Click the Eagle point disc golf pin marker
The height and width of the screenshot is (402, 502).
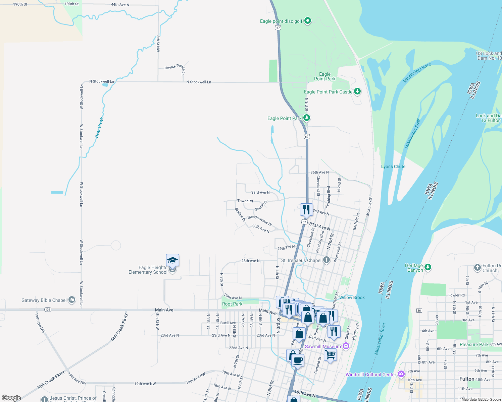pyautogui.click(x=307, y=21)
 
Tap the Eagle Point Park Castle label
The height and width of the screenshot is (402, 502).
pyautogui.click(x=328, y=92)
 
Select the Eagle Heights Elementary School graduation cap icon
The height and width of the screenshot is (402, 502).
pyautogui.click(x=172, y=260)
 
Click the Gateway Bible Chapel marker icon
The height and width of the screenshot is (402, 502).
pyautogui.click(x=72, y=300)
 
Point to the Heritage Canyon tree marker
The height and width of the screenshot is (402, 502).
pyautogui.click(x=428, y=267)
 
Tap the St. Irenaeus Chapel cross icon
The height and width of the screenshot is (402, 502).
pyautogui.click(x=327, y=260)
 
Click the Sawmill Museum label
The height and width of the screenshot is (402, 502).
pyautogui.click(x=323, y=346)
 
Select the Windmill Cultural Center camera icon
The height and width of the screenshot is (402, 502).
pyautogui.click(x=401, y=374)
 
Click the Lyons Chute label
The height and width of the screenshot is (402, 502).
pyautogui.click(x=393, y=166)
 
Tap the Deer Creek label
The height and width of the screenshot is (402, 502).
pyautogui.click(x=99, y=127)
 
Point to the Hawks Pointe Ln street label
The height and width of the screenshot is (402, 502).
pyautogui.click(x=175, y=67)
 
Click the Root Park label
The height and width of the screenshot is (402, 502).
pyautogui.click(x=232, y=304)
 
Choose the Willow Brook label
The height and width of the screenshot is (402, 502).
pyautogui.click(x=352, y=297)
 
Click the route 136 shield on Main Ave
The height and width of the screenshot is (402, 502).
pyautogui.click(x=48, y=310)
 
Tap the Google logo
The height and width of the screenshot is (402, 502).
pyautogui.click(x=11, y=398)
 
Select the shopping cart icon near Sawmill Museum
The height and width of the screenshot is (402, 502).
pyautogui.click(x=331, y=354)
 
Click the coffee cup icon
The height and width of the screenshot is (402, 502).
pyautogui.click(x=297, y=360)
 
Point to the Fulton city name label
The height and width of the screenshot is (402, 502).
pyautogui.click(x=467, y=379)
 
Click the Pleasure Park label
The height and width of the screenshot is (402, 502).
pyautogui.click(x=474, y=344)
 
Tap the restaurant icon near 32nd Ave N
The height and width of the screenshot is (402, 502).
pyautogui.click(x=306, y=210)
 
